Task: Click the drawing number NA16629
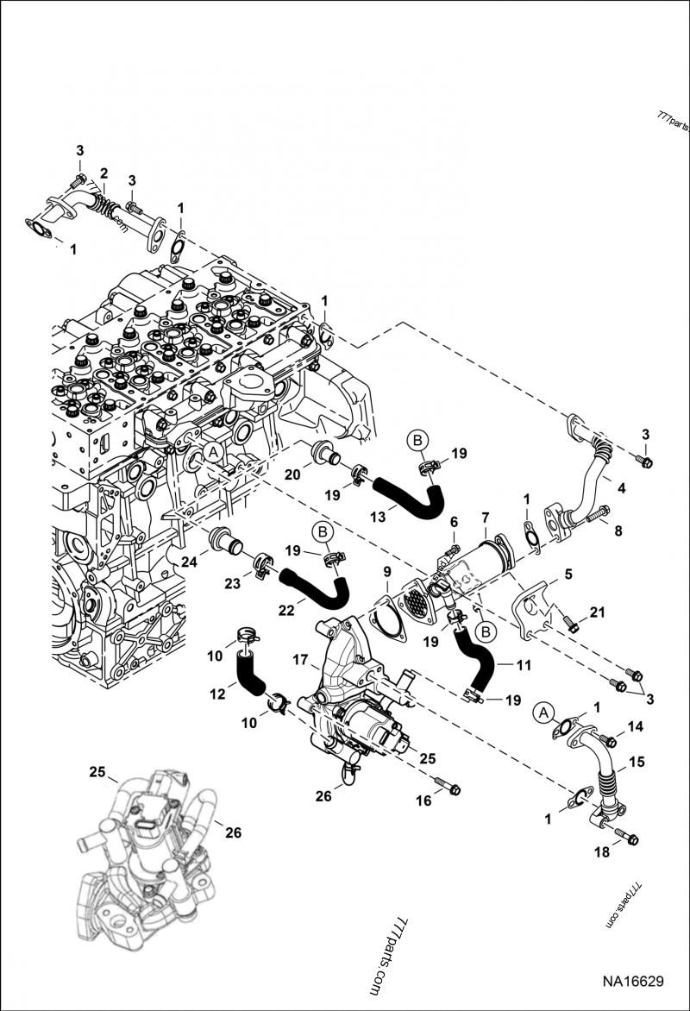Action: tap(632, 982)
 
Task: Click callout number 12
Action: tap(218, 694)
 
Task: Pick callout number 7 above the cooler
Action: tap(485, 517)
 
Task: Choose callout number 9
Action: tap(387, 572)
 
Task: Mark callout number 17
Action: tap(300, 660)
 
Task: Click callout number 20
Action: tap(292, 474)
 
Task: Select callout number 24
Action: tap(189, 562)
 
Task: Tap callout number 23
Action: tap(232, 583)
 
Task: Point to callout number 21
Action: tap(598, 612)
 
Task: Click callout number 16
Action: tap(423, 801)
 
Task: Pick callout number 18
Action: tap(601, 852)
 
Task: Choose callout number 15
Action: tap(637, 762)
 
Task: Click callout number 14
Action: tap(635, 726)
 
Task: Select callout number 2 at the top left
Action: tap(103, 173)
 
